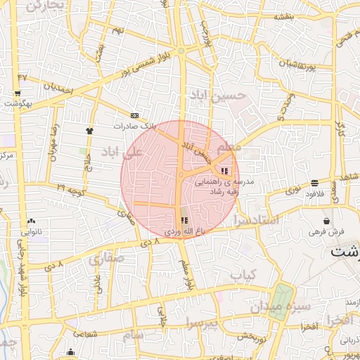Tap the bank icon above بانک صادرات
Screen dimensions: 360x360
[x=134, y=116]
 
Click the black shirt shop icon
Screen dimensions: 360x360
[x=89, y=131]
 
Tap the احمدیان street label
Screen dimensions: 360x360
[x=58, y=89]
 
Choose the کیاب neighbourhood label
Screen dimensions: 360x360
[x=245, y=273]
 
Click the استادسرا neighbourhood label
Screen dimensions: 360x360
[x=259, y=221]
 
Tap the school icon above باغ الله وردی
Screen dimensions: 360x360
[x=184, y=220]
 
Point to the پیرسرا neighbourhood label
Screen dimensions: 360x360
[x=203, y=323]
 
